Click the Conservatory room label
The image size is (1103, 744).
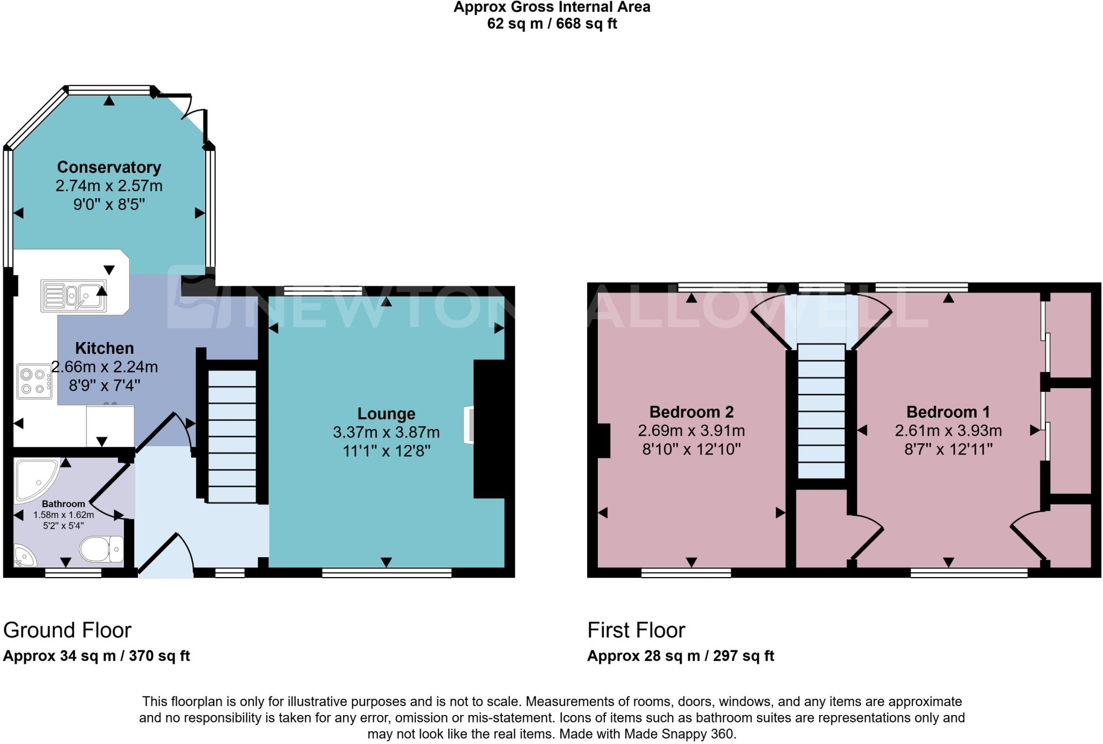pyautogui.click(x=109, y=167)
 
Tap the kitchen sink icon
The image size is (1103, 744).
pyautogui.click(x=74, y=296)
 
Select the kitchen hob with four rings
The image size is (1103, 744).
pyautogui.click(x=34, y=381)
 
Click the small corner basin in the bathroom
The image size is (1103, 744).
pyautogui.click(x=24, y=556)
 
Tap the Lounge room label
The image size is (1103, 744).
pyautogui.click(x=386, y=413)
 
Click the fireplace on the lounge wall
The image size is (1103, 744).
pyautogui.click(x=469, y=425)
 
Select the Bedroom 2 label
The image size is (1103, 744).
pyautogui.click(x=692, y=412)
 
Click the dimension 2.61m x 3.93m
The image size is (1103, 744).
pyautogui.click(x=948, y=431)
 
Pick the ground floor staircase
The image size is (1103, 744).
pyautogui.click(x=232, y=436)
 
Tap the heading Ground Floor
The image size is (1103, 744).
pyautogui.click(x=67, y=630)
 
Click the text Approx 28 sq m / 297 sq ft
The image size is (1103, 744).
pyautogui.click(x=680, y=656)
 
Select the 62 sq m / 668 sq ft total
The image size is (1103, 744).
pyautogui.click(x=551, y=24)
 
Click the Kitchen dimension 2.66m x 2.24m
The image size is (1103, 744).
pyautogui.click(x=104, y=367)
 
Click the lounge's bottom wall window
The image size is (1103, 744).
pyautogui.click(x=386, y=573)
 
